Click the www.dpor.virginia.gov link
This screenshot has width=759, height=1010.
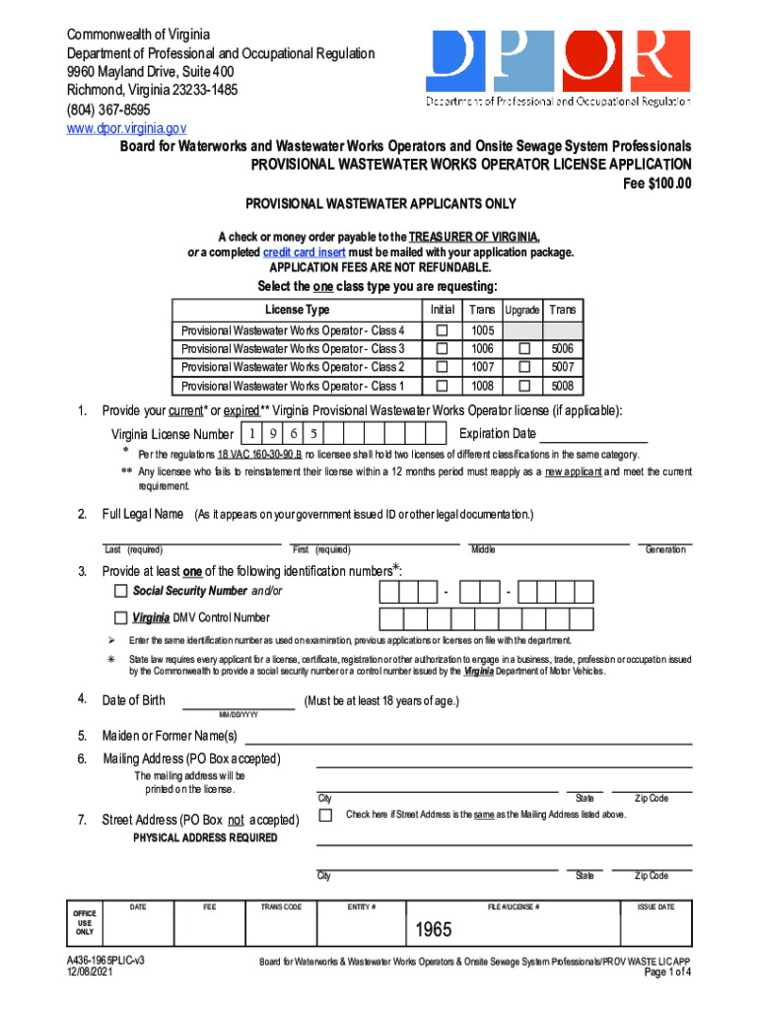coord(125,128)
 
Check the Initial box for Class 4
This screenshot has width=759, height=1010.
coord(443,330)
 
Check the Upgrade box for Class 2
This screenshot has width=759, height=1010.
coord(524,367)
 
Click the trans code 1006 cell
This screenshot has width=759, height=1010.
coord(483,349)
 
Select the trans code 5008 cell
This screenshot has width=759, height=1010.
coord(563,386)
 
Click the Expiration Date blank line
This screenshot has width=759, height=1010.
coord(593,434)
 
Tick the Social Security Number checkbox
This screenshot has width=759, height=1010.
coord(120,591)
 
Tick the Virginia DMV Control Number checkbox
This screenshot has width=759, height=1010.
coord(120,618)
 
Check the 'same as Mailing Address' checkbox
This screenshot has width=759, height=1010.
coord(325,815)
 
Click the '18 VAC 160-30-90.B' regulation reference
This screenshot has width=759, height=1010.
coord(260,455)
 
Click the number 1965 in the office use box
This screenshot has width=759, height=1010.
coord(433,931)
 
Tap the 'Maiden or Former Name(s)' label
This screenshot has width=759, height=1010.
coord(171,736)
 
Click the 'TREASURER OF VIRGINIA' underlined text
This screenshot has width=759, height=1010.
coord(475,237)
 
